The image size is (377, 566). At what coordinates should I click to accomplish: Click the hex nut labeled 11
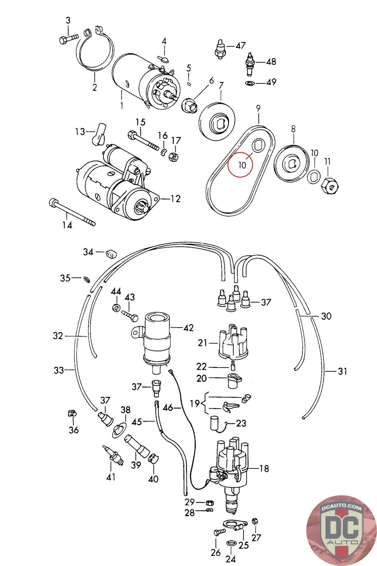[x=330, y=185]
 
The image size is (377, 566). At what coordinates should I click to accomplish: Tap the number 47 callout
[x=241, y=46]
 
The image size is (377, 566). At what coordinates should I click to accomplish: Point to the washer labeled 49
[x=250, y=83]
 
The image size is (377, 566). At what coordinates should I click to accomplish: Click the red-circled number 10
[x=242, y=165]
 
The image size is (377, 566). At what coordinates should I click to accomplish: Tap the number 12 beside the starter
[x=175, y=199]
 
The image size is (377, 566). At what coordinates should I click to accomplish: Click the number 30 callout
[x=326, y=316]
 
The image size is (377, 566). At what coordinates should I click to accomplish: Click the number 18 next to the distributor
[x=264, y=468]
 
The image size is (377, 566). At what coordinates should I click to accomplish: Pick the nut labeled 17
[x=173, y=157]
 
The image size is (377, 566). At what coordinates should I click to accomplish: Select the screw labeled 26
[x=220, y=531]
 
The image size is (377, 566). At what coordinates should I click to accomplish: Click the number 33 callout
[x=59, y=370]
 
